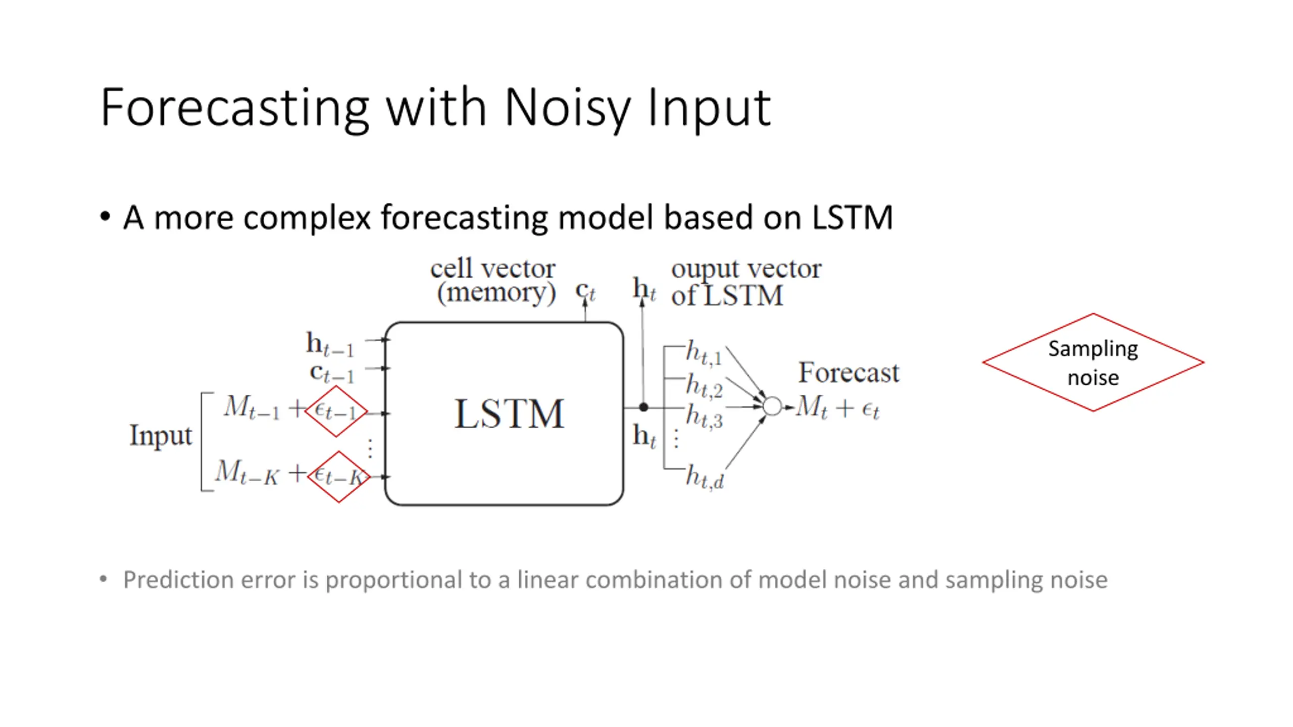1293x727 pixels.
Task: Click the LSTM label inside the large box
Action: tap(509, 414)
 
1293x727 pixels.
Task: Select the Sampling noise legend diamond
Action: tap(1093, 362)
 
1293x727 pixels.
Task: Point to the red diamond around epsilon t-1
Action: tap(336, 411)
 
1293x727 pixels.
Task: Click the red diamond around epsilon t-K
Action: tap(339, 477)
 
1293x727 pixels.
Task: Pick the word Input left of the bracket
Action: tap(161, 435)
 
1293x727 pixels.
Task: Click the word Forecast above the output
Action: tap(849, 373)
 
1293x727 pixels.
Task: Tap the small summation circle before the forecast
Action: tap(772, 406)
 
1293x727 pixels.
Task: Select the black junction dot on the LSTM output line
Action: tap(643, 407)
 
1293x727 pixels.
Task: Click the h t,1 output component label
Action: tap(704, 352)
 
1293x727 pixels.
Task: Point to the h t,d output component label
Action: tap(705, 477)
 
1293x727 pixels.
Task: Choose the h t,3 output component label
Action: tap(704, 417)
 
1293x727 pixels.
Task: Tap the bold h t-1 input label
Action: tap(330, 344)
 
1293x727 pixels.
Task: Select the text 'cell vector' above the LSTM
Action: tap(492, 269)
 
